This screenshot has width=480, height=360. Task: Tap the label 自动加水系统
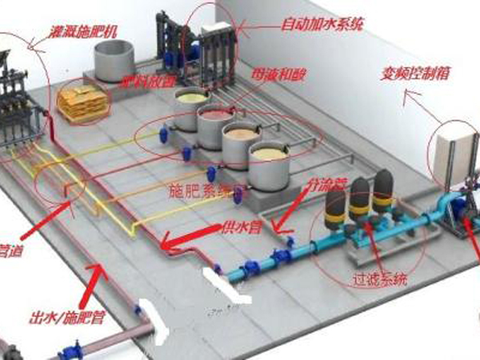(324, 23)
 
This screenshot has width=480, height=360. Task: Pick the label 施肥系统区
(201, 192)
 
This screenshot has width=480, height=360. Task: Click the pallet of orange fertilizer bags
(81, 102)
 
